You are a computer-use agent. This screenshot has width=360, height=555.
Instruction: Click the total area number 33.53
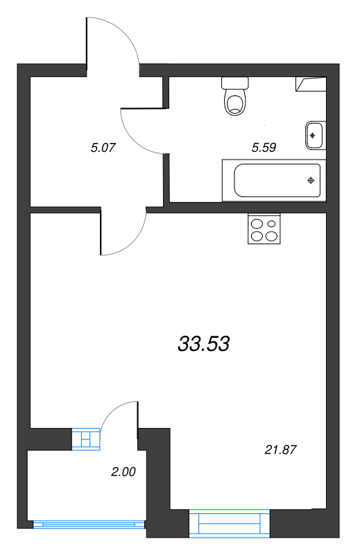pos(203,343)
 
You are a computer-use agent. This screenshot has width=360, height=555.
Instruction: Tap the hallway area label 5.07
pos(103,147)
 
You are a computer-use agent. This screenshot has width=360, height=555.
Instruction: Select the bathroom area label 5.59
pos(264,147)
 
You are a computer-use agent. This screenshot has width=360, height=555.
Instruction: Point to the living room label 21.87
pos(280,450)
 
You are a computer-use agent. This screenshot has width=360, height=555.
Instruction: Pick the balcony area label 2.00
pos(123,472)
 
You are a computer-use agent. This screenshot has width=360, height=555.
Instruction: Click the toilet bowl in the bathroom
pos(234,102)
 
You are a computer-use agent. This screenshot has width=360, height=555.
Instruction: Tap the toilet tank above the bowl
pos(235,83)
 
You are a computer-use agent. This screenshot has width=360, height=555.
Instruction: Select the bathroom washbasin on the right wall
pos(314,135)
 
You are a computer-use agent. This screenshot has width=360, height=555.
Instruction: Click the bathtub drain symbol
pos(311,180)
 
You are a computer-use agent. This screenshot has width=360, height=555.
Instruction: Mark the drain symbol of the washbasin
pos(312,135)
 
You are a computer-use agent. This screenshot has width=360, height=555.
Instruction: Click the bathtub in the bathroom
pos(274,180)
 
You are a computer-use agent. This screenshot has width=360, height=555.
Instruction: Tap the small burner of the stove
pos(271,223)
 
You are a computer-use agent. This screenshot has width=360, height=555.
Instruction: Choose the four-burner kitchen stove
pos(264,229)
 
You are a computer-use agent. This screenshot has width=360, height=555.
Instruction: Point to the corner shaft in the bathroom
pos(311,84)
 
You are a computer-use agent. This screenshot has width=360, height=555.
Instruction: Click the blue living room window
pos(230,524)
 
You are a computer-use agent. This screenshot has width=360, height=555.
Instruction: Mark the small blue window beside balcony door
pos(86,439)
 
